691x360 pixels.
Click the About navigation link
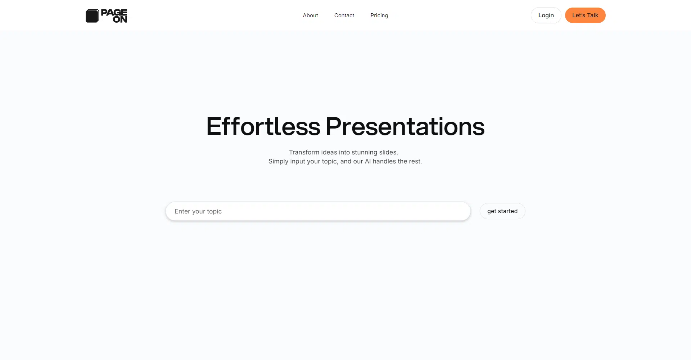(x=310, y=15)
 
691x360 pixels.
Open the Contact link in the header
(x=344, y=15)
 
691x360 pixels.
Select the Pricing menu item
(x=379, y=15)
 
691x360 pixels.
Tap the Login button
(x=546, y=15)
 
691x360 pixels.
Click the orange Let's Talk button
(x=585, y=15)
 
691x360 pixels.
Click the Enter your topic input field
(x=318, y=211)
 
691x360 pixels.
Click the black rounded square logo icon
(x=92, y=16)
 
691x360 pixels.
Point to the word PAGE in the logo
(x=114, y=13)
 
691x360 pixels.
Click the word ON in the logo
(x=120, y=19)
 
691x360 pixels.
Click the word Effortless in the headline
(x=263, y=126)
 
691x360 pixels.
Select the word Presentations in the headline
(x=405, y=126)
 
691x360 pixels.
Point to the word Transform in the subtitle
(x=304, y=152)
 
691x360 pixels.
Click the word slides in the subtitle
(x=388, y=152)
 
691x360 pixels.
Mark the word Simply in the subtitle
(x=279, y=162)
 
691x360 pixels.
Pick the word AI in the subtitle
(x=368, y=161)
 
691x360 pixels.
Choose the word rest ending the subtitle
(x=415, y=162)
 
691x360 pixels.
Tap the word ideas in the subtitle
(x=329, y=152)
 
